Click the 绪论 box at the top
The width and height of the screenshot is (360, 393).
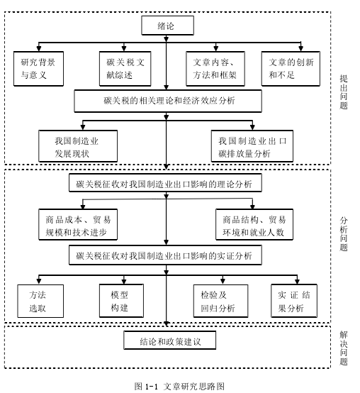(x=167, y=26)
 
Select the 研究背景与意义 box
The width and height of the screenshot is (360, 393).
(x=38, y=69)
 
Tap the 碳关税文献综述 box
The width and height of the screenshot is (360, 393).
(x=125, y=69)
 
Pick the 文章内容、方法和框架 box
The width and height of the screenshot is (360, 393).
(x=215, y=69)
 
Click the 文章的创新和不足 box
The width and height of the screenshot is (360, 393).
(x=291, y=69)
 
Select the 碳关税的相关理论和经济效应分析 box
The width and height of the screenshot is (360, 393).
(x=168, y=101)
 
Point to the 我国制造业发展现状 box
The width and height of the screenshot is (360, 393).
(x=78, y=146)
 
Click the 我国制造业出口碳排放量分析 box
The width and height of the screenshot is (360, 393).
(x=252, y=146)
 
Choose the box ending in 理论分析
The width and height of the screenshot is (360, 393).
(x=166, y=183)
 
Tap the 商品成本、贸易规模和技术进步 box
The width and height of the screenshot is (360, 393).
(x=78, y=225)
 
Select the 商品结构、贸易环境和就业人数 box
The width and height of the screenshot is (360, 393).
(x=254, y=225)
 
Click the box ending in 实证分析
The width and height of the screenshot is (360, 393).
(x=166, y=255)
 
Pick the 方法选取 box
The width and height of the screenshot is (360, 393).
(x=40, y=301)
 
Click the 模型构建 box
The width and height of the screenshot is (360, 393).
(x=121, y=301)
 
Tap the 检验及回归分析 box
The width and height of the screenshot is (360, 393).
(x=220, y=301)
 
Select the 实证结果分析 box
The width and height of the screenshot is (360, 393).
(x=294, y=301)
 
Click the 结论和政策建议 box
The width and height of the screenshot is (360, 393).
(x=170, y=341)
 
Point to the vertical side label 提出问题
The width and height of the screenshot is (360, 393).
(x=344, y=92)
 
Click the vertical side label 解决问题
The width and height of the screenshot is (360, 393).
(x=344, y=348)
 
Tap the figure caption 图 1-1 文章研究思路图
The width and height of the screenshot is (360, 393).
(x=179, y=386)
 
